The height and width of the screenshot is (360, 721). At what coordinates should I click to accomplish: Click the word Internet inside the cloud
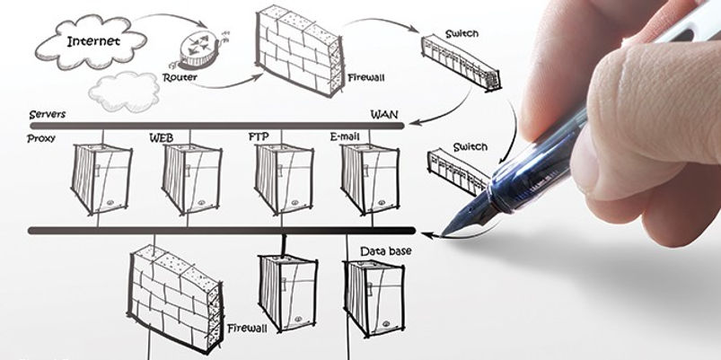pos(93,41)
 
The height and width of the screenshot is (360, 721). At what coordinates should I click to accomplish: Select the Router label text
pos(180,77)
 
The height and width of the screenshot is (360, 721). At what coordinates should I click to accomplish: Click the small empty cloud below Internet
pos(124,92)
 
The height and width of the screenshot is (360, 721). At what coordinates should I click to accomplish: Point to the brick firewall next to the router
pos(300,49)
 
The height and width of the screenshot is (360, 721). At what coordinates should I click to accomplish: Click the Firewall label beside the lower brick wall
pos(247,329)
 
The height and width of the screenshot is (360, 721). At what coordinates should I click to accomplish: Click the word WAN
pos(384,115)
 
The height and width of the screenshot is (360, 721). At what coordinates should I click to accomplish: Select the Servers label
pos(48,115)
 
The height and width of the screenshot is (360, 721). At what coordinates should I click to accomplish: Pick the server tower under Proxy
pos(101,180)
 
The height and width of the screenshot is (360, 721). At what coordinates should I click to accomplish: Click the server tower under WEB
pos(192,180)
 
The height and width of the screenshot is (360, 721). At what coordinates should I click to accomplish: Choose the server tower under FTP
pos(284,180)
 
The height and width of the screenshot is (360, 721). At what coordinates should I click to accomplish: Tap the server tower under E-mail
pos(370,180)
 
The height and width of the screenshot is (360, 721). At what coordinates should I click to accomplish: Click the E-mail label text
pos(345,136)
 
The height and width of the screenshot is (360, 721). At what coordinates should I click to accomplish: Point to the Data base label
pos(386,251)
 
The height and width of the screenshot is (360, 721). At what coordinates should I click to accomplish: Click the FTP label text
pos(259,136)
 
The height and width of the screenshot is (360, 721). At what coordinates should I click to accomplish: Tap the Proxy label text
pos(41,138)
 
